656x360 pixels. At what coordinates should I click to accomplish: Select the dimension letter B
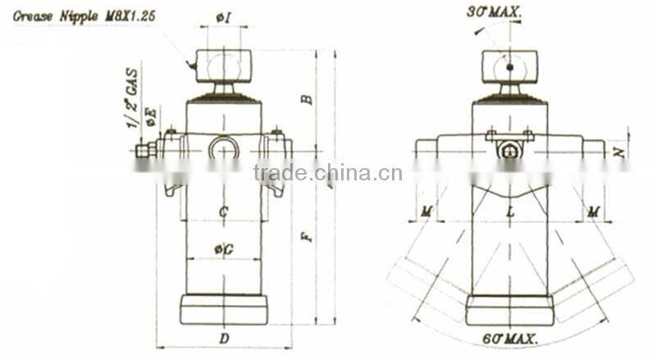click(306, 98)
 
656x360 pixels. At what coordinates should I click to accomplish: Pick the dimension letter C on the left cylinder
click(223, 212)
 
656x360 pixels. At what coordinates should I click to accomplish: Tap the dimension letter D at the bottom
click(223, 337)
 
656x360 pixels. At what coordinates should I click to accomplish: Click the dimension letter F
click(306, 238)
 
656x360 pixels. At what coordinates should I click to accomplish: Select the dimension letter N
click(621, 149)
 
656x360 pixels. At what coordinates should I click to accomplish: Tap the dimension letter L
click(509, 212)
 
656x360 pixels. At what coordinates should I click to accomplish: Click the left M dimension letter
click(426, 212)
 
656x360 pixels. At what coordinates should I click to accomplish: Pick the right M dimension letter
click(593, 212)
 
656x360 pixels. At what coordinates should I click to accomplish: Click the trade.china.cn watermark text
click(327, 173)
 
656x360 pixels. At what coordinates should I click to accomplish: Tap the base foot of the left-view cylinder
click(223, 309)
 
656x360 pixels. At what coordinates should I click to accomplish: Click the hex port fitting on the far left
click(144, 150)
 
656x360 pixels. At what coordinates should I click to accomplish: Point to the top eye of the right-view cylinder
click(509, 65)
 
